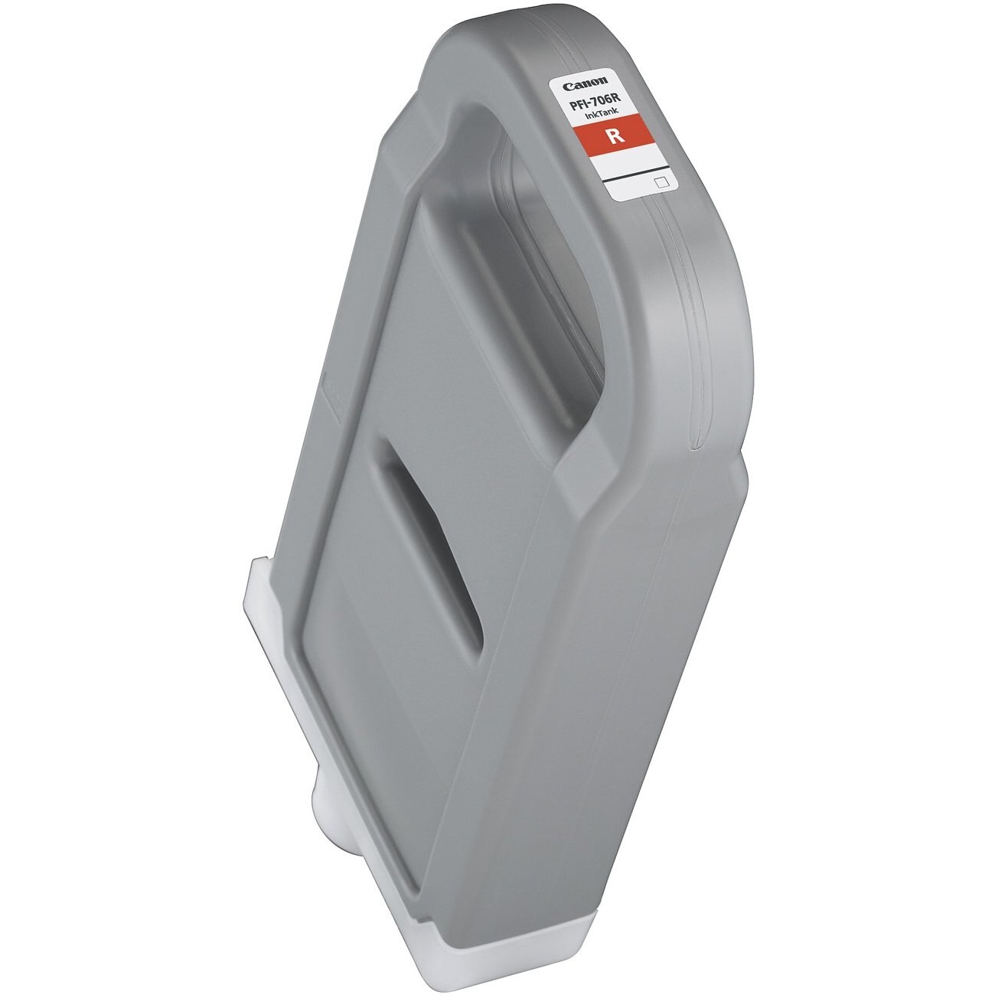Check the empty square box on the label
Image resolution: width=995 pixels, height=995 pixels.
(x=663, y=182)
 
